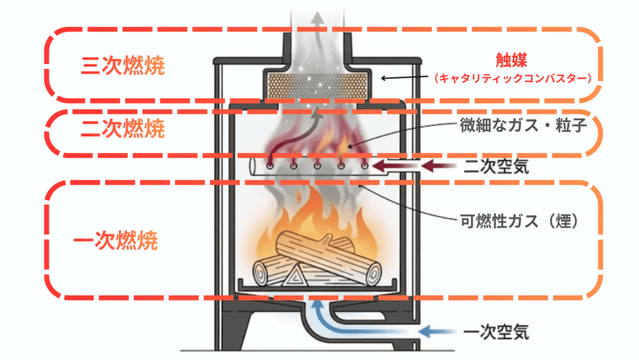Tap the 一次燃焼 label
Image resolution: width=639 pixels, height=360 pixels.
[x=116, y=242]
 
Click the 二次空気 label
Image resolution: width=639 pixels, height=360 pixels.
[x=495, y=168]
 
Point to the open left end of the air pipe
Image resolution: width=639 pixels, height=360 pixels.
[x=254, y=168]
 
